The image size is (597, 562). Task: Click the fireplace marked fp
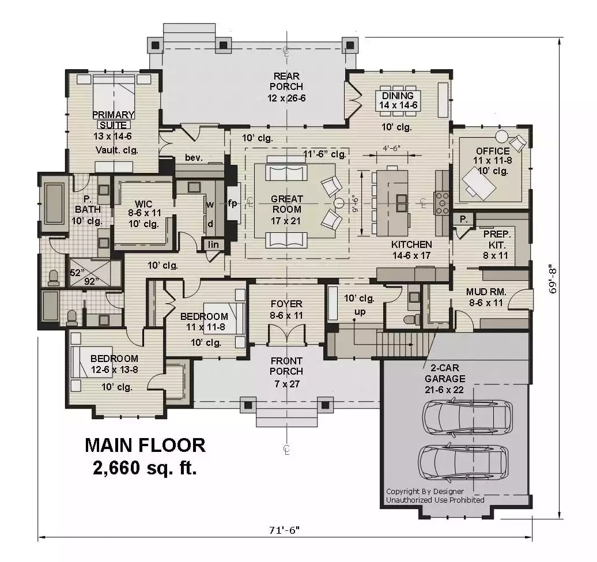[233, 203]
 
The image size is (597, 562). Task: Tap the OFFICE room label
[492, 151]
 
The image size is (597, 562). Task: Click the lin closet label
[213, 244]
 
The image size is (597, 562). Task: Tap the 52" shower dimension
[77, 272]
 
